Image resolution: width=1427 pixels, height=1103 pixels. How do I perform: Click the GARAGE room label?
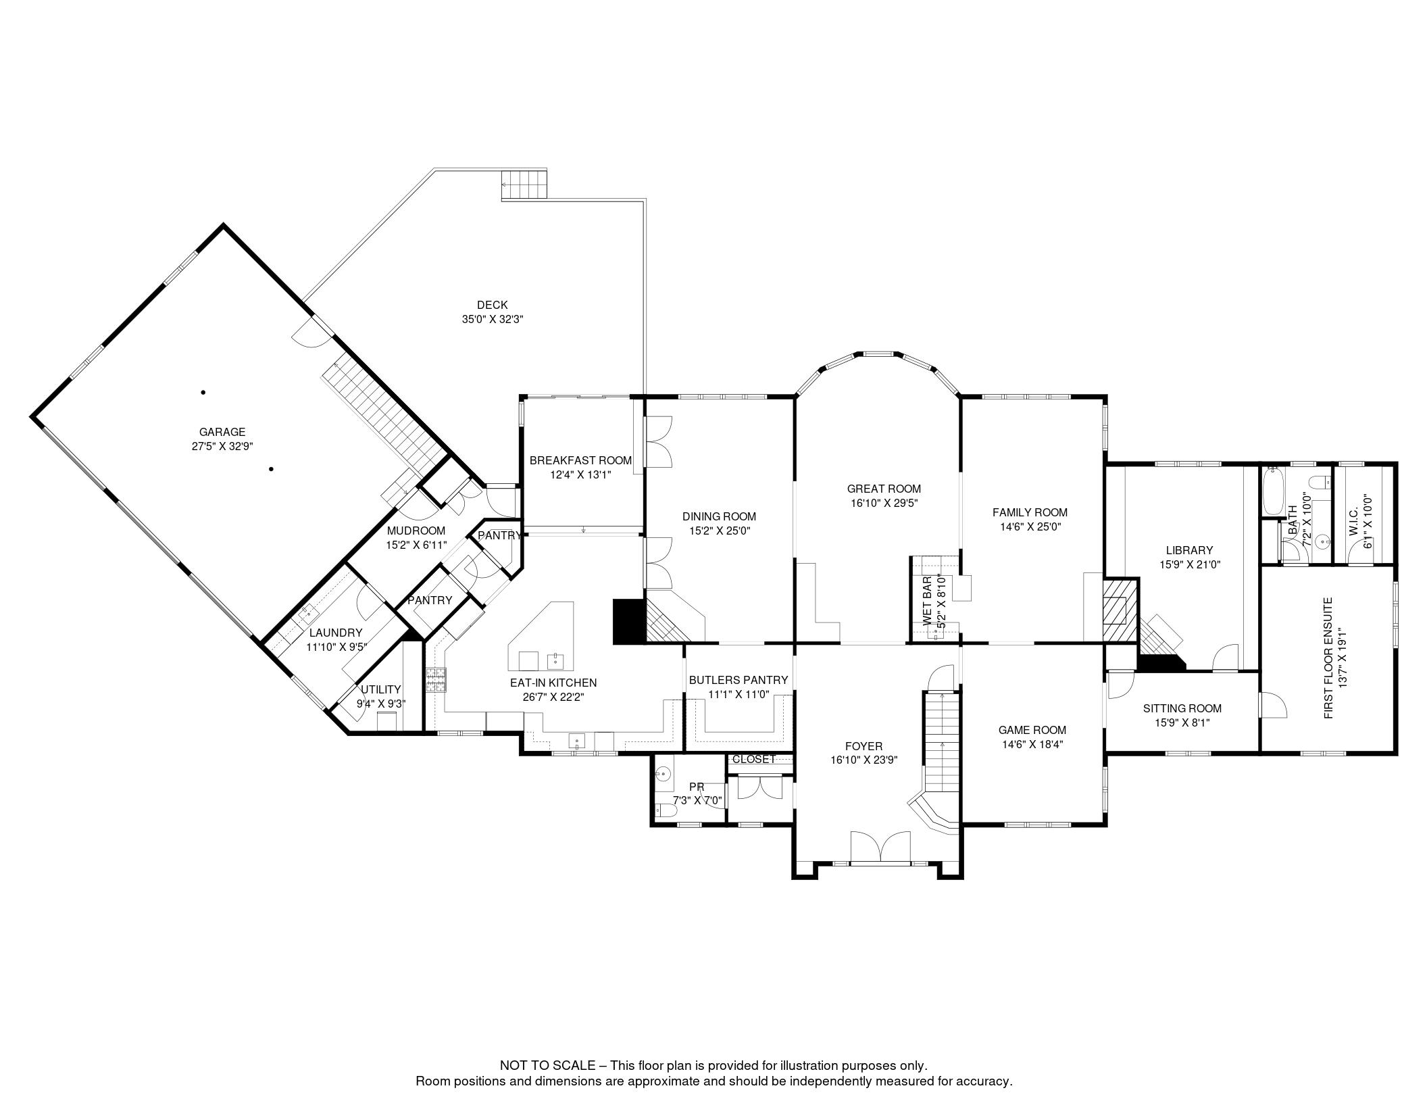coord(222,432)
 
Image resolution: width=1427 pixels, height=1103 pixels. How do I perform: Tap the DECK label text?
coord(492,305)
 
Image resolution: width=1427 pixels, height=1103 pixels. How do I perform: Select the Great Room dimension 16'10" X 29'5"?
coord(884,503)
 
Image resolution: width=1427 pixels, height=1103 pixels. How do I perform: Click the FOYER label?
coord(863,746)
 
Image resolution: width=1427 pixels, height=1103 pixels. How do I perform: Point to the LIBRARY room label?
coord(1189,550)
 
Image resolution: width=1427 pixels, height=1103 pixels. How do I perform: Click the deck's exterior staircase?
coord(523,184)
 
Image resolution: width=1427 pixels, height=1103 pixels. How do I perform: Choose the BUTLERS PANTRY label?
coord(738,680)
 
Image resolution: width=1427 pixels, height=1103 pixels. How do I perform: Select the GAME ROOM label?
coord(1032,730)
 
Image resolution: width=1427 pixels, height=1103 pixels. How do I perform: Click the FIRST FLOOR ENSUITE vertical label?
coord(1328,658)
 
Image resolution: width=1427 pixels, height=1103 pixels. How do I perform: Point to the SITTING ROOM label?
coord(1182,708)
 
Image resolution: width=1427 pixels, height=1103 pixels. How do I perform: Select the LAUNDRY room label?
coord(336,633)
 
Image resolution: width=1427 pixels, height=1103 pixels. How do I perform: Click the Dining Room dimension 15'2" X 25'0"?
coord(719,531)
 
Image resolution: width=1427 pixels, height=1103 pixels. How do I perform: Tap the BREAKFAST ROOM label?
coord(580,460)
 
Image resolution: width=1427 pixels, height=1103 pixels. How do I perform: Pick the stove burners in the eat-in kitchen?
coord(436,679)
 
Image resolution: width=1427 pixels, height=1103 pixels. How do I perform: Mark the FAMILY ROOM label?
coord(1030,512)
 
